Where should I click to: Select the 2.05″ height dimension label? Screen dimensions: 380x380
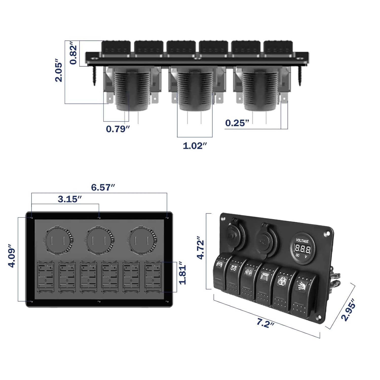(59, 71)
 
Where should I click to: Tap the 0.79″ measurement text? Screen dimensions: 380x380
(118, 129)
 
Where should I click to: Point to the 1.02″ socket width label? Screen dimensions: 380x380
(195, 146)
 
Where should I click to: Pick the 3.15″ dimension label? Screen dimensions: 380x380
(70, 199)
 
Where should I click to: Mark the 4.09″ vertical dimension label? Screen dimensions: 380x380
(12, 256)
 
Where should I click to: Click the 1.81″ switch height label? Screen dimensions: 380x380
(183, 275)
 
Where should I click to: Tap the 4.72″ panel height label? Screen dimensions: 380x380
(201, 248)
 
